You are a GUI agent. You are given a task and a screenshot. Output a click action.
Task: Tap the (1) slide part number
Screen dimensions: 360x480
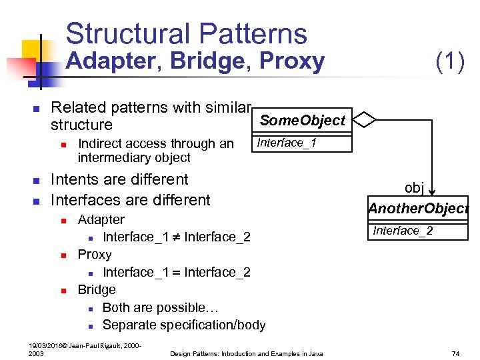tap(449, 61)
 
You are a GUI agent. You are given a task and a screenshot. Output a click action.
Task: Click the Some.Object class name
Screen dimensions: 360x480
tap(302, 121)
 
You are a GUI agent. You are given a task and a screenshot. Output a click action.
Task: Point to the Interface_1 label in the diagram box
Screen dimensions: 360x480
tap(287, 143)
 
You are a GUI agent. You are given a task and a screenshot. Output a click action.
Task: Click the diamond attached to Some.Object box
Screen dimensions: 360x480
tap(364, 120)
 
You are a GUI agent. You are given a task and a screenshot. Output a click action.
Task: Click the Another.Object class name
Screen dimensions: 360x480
tap(419, 208)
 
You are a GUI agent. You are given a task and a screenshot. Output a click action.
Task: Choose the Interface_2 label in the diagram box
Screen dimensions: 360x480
tap(403, 231)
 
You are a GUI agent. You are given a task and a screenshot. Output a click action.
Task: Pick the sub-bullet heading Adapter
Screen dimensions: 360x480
tap(101, 219)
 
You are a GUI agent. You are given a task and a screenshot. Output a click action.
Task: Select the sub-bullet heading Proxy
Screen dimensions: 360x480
tap(95, 255)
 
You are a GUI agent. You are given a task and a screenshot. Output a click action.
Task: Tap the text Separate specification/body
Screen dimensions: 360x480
tap(183, 325)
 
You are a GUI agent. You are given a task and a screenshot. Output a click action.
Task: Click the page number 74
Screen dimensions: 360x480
tap(456, 353)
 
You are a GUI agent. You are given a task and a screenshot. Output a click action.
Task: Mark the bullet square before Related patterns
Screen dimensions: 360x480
tap(37, 109)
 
